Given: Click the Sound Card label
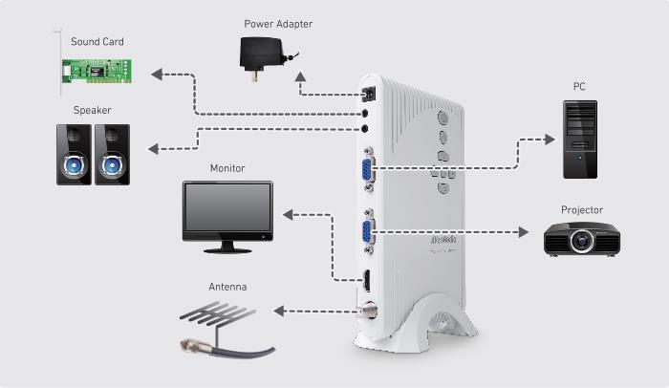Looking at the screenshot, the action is [97, 42].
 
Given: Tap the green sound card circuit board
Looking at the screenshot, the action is [97, 71].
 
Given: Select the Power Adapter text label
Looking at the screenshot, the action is [278, 24].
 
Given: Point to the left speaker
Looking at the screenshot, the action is [74, 155].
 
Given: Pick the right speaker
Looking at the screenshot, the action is [112, 155].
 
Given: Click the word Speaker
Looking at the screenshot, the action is [92, 110].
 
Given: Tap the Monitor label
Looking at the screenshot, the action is [227, 168].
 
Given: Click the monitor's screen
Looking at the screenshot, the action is [227, 207].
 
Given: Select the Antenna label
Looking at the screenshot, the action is [227, 287].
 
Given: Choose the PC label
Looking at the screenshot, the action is [579, 87].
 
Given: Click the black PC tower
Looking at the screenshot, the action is [580, 140].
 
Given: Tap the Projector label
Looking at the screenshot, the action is [582, 210].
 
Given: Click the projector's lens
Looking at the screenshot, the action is [581, 241].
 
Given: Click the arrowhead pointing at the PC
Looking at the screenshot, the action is [550, 140].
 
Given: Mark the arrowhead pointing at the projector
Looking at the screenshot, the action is [524, 232].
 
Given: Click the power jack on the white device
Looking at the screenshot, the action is [369, 95].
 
